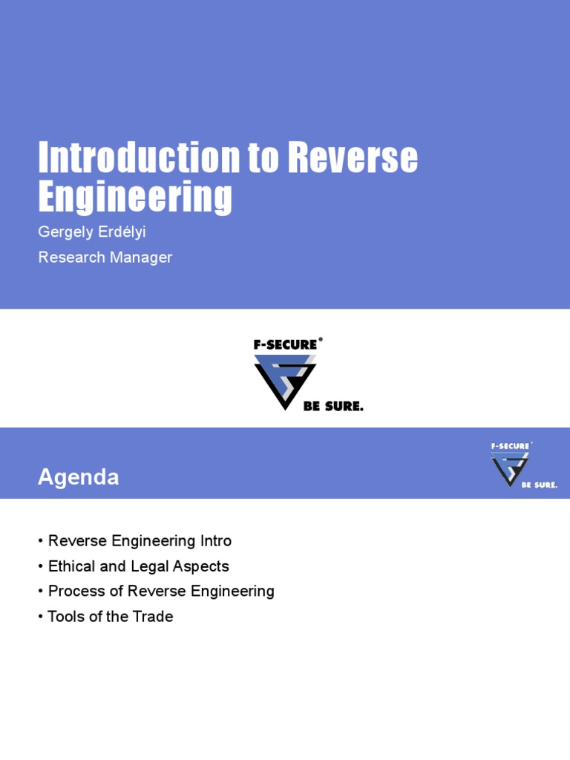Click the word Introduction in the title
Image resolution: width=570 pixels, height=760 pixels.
(139, 158)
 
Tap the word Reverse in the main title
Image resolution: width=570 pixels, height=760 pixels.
(352, 158)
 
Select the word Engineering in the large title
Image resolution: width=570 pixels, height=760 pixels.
(135, 197)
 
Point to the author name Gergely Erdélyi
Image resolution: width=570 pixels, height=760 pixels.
(92, 232)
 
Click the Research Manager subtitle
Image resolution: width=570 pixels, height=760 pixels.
(105, 258)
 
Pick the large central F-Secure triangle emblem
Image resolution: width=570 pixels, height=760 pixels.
(284, 381)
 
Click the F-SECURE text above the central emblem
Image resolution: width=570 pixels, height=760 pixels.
(285, 345)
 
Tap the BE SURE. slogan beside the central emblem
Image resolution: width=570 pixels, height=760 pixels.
(333, 407)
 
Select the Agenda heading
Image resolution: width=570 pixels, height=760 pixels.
(79, 477)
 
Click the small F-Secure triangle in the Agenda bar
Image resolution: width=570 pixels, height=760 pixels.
(510, 468)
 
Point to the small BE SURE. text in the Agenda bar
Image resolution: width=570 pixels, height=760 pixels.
(540, 485)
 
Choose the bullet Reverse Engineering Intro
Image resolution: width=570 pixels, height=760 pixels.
(140, 541)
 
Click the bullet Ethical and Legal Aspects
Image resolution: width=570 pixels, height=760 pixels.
(138, 566)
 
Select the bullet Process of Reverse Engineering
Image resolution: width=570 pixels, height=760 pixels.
(161, 592)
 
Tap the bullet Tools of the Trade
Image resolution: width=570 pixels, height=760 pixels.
(110, 617)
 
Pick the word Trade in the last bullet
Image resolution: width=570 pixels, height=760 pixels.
(154, 617)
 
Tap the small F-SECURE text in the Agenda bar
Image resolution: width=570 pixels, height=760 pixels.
(511, 446)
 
